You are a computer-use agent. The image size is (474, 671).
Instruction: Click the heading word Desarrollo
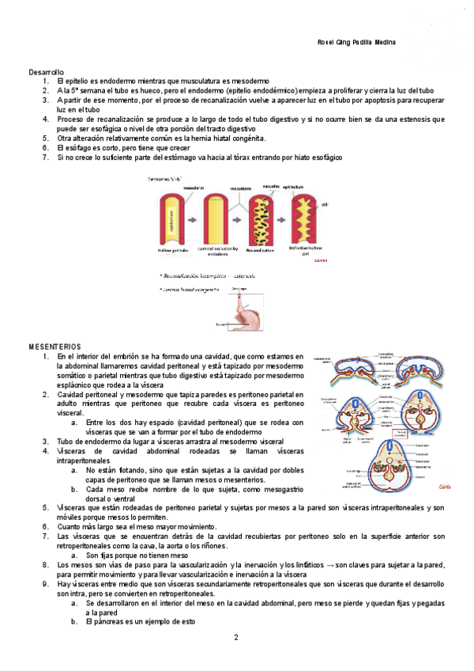pyautogui.click(x=47, y=72)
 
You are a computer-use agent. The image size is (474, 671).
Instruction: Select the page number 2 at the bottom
pyautogui.click(x=235, y=637)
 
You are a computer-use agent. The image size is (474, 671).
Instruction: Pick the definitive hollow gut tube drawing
pyautogui.click(x=305, y=221)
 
